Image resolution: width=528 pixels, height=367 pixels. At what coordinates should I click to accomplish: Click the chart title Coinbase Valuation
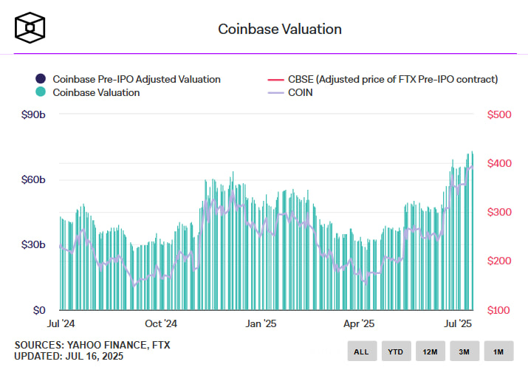[x=279, y=30]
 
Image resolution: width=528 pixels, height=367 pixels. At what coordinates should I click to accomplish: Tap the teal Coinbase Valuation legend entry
[x=95, y=93]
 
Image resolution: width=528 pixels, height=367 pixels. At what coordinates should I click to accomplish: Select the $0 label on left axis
[x=38, y=310]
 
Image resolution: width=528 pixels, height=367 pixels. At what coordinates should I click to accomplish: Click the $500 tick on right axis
[x=499, y=114]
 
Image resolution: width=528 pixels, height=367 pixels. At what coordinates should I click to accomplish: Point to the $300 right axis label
[x=499, y=212]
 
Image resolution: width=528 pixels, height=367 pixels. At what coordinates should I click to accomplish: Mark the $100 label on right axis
[x=499, y=310]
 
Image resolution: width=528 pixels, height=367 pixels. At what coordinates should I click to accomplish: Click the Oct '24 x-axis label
[x=160, y=324]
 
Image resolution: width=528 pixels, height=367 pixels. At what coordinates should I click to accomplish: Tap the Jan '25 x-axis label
[x=260, y=324]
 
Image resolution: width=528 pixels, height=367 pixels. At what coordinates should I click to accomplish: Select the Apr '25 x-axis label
[x=360, y=324]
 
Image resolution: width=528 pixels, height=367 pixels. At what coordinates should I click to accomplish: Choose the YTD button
[x=396, y=351]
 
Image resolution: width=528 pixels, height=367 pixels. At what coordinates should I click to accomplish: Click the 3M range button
[x=464, y=351]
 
